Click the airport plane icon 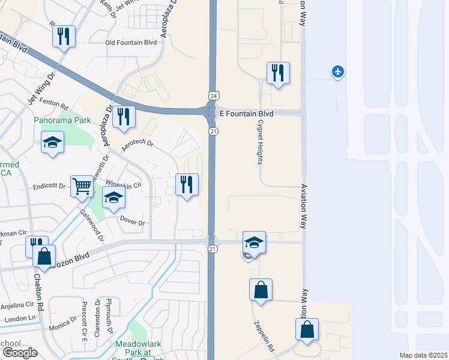point(338,73)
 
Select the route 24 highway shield point(213,96)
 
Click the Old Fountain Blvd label point(131,43)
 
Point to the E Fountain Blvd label point(246,113)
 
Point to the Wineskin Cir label point(123,185)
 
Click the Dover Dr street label point(133,223)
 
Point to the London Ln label point(16,319)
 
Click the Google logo point(20,352)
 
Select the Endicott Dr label point(49,186)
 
